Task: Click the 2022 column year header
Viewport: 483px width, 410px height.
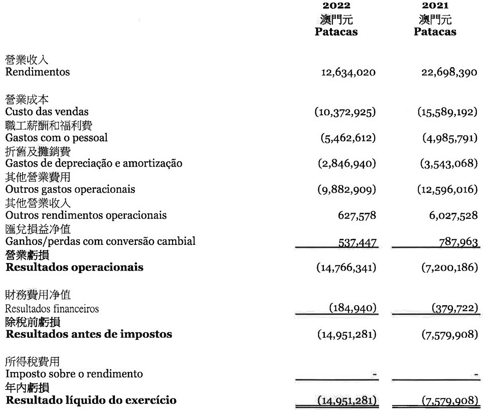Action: click(x=336, y=6)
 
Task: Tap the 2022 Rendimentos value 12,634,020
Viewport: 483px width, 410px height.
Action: click(x=348, y=73)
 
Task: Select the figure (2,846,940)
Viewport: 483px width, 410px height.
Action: click(x=347, y=164)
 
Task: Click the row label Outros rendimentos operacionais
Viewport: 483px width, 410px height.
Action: click(x=86, y=216)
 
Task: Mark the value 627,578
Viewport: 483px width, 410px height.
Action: click(x=357, y=216)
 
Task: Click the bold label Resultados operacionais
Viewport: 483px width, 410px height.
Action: click(x=74, y=267)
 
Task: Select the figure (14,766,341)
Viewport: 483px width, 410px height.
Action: click(x=345, y=267)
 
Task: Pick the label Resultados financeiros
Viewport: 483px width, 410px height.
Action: click(x=52, y=309)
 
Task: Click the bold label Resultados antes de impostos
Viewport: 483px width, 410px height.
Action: click(x=89, y=334)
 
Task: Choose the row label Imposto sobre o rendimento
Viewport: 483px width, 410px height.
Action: click(x=74, y=374)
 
